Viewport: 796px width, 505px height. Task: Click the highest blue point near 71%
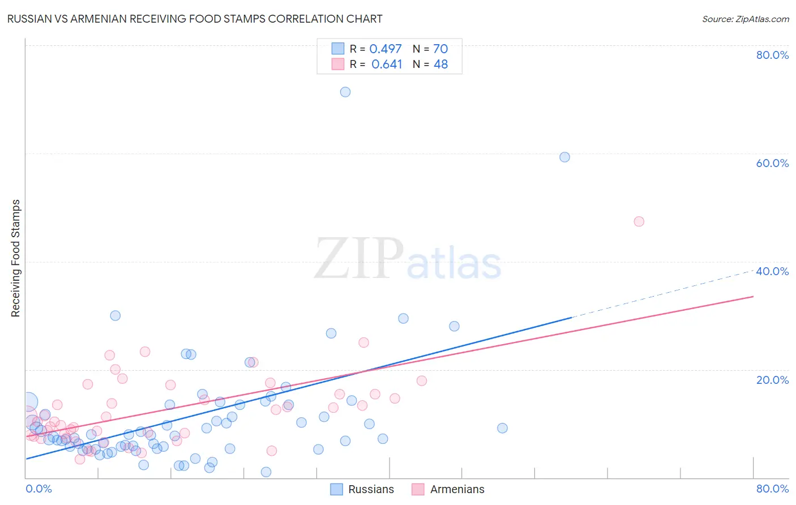(x=345, y=92)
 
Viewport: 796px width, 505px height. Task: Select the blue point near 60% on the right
(x=564, y=157)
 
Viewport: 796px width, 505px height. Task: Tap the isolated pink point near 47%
(x=639, y=221)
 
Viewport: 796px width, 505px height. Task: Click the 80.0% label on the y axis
(x=772, y=55)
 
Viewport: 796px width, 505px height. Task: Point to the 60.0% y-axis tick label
(x=772, y=163)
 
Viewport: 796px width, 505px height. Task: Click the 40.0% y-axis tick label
(x=772, y=271)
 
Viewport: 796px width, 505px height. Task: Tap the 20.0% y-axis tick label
(x=772, y=380)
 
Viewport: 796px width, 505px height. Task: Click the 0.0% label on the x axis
(x=39, y=489)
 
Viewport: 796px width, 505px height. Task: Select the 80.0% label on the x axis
(x=772, y=489)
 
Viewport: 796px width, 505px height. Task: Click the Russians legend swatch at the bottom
(x=337, y=489)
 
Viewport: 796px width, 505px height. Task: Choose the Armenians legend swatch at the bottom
(x=418, y=489)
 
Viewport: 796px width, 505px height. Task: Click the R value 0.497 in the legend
(x=386, y=49)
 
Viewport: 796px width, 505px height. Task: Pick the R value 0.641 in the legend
(x=387, y=65)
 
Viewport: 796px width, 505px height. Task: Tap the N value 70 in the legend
(x=440, y=49)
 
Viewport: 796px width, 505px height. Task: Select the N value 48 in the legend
(x=440, y=65)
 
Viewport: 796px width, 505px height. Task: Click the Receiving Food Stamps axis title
(x=16, y=258)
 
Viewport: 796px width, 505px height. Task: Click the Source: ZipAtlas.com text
(x=745, y=19)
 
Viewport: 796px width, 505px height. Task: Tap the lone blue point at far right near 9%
(x=502, y=428)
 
